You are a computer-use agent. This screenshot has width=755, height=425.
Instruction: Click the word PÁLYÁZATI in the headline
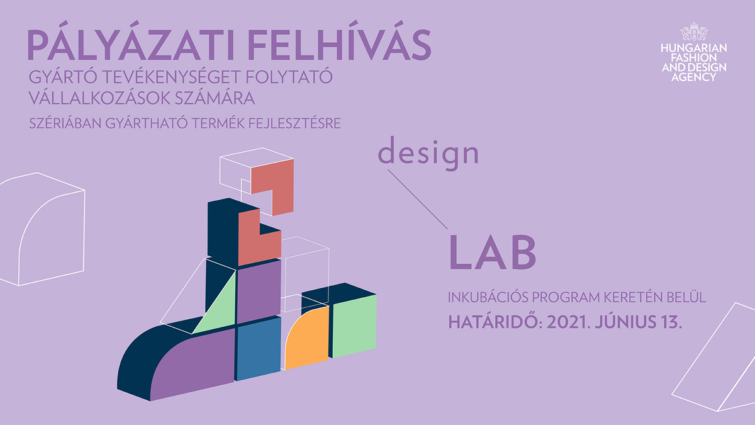[131, 45]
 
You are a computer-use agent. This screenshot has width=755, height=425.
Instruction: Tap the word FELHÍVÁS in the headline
[340, 45]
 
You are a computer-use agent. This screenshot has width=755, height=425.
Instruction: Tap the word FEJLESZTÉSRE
[294, 123]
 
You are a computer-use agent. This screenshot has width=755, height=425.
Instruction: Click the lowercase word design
[428, 154]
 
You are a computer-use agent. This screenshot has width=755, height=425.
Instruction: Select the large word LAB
[493, 252]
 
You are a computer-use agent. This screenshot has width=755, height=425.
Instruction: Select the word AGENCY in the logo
[693, 77]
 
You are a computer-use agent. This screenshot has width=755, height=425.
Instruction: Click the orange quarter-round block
[307, 338]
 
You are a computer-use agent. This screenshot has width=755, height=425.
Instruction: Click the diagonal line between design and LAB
[418, 199]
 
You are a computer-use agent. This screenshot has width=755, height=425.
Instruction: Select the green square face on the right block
[354, 326]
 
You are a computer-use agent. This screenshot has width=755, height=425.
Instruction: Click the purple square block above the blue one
[259, 291]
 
